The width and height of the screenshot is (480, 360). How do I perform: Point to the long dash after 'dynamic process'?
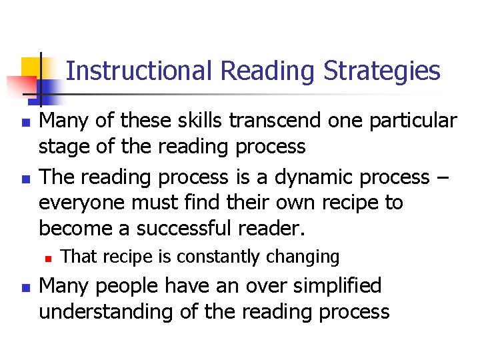pos(443,178)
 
